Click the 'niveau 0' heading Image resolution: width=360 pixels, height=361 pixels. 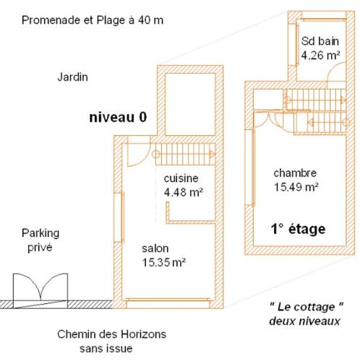(118, 118)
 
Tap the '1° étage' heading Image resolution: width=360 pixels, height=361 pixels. (298, 229)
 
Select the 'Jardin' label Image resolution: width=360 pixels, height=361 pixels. (72, 77)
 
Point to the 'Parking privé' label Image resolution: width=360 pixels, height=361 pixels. (40, 240)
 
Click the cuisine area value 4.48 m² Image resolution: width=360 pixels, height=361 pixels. (184, 192)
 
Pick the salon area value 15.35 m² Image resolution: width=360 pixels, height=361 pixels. (163, 262)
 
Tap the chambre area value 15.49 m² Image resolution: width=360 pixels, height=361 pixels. (296, 187)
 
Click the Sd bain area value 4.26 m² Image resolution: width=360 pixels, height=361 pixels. (320, 56)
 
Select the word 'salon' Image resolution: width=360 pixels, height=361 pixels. (155, 248)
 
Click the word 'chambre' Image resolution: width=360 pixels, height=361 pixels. (295, 173)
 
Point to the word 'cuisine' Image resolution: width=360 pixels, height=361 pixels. (181, 178)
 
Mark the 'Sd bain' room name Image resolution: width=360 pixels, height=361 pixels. (320, 41)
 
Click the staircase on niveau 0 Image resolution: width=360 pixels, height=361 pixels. (185, 154)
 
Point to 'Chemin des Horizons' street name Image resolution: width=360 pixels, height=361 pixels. (111, 334)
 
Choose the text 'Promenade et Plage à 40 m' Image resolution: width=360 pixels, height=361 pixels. (93, 20)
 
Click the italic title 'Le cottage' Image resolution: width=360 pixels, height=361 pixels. (306, 307)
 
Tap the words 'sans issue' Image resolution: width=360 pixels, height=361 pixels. (106, 349)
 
